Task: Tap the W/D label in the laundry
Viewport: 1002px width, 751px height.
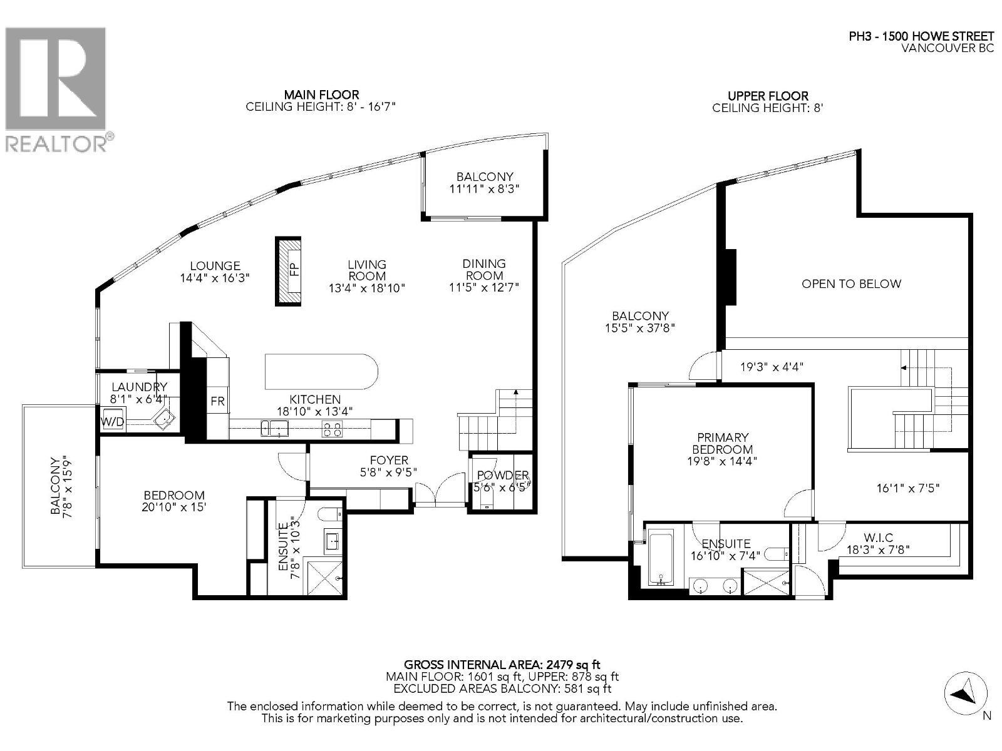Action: [112, 422]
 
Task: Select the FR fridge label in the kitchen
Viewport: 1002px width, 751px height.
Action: [217, 401]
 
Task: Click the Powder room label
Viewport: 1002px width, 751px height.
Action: [503, 476]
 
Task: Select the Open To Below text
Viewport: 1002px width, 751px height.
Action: [851, 284]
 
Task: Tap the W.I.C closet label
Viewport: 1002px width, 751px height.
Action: [878, 538]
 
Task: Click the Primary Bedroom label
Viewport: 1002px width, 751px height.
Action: [722, 443]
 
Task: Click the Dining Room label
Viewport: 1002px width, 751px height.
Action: [484, 269]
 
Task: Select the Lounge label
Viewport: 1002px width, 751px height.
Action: [215, 266]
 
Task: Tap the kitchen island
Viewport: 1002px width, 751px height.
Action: [321, 372]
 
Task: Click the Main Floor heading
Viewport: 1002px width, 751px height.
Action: [321, 95]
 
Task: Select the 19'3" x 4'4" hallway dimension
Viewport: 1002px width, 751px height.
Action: [772, 367]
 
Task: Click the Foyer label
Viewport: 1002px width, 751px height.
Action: [388, 460]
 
